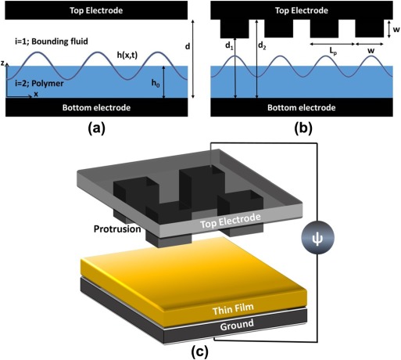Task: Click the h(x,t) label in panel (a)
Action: (x=127, y=55)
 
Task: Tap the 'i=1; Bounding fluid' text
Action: (x=52, y=41)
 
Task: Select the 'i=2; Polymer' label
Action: (x=39, y=83)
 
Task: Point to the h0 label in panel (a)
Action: (x=156, y=83)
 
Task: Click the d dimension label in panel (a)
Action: (x=188, y=46)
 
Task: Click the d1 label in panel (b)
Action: (x=229, y=46)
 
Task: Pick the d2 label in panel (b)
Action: (x=262, y=46)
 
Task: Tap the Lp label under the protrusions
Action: (x=332, y=52)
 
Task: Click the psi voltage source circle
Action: (x=317, y=237)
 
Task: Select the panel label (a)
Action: (x=97, y=129)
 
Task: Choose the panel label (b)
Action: (x=303, y=129)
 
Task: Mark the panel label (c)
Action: (x=200, y=351)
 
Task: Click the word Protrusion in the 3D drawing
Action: (x=117, y=229)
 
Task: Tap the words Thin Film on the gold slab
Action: (x=233, y=309)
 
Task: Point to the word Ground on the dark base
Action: (x=237, y=325)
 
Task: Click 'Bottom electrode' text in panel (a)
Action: (x=96, y=107)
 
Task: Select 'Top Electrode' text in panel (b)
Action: (x=302, y=10)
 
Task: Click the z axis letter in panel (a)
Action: (x=2, y=63)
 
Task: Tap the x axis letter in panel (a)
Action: (x=36, y=94)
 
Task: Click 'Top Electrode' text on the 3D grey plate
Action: (x=231, y=221)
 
